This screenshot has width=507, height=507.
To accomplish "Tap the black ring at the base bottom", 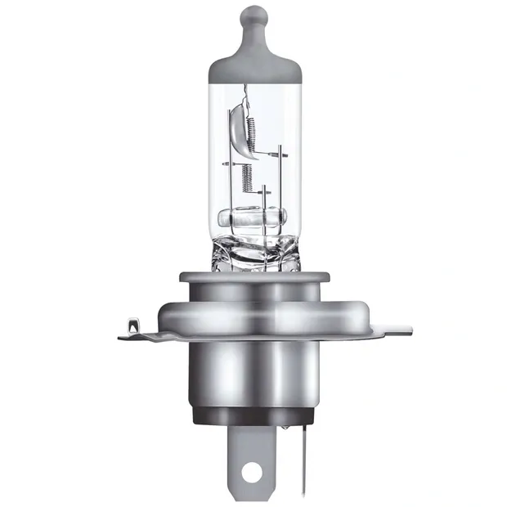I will (x=253, y=415).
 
